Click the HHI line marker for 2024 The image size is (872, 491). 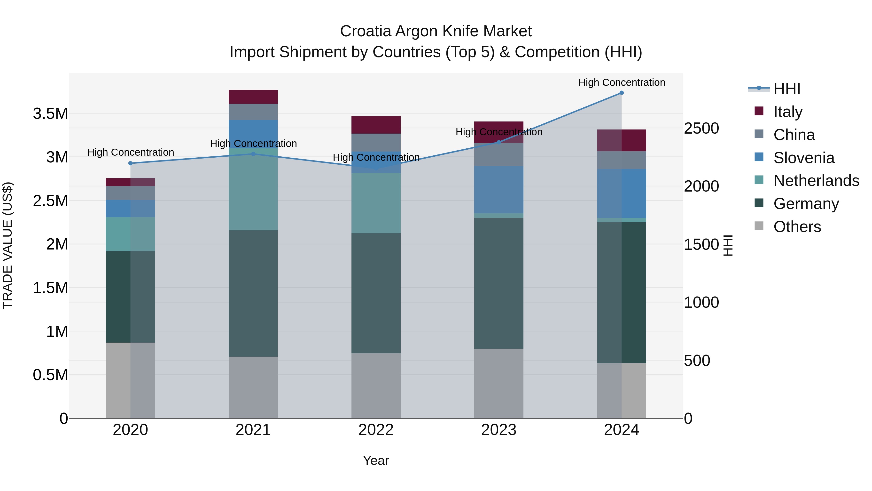pos(622,93)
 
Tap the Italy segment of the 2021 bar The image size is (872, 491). pos(253,97)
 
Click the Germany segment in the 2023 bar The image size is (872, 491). pos(499,283)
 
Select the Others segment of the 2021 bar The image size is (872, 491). pos(253,387)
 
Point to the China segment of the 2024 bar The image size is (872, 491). pos(622,160)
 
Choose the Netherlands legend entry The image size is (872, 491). pos(816,181)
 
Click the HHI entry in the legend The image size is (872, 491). pos(786,89)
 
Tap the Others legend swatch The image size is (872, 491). pos(759,226)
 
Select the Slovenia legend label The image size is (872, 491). pos(804,158)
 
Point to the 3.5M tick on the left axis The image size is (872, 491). pos(50,113)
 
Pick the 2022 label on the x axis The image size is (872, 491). pos(376,430)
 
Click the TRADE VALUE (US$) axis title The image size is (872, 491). pos(8,245)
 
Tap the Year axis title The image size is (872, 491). pos(376,460)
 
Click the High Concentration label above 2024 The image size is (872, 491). pos(622,82)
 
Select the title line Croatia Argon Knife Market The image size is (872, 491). pos(436,31)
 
